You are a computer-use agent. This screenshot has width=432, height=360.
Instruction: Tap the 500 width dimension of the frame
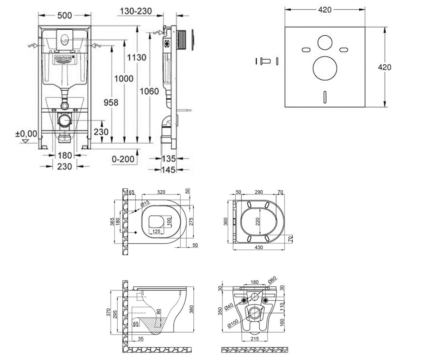(64, 15)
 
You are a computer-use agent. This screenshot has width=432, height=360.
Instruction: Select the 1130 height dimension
(136, 57)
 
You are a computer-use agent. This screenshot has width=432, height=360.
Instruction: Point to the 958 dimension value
(111, 102)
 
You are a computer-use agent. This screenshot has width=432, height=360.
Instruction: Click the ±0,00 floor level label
(26, 134)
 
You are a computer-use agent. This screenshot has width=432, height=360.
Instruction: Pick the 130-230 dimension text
(136, 11)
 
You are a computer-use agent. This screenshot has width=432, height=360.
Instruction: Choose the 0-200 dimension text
(123, 159)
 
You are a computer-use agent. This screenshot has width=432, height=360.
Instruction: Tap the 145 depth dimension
(168, 170)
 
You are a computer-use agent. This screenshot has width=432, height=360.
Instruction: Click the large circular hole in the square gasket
(325, 68)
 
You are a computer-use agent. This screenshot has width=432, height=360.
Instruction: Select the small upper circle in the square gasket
(325, 42)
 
